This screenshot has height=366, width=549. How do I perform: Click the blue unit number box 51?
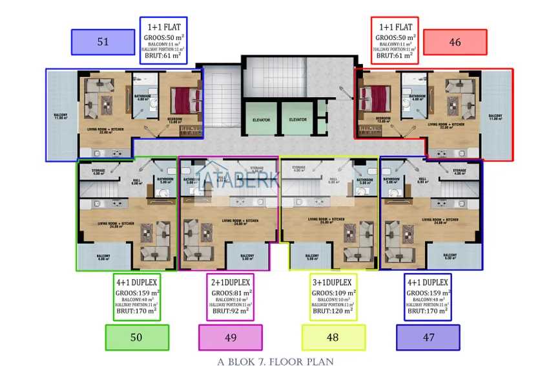[x=103, y=42]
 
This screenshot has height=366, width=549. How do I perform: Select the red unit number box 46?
[x=455, y=42]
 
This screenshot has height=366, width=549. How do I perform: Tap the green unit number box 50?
[x=136, y=338]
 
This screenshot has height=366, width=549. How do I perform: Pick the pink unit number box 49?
[x=231, y=338]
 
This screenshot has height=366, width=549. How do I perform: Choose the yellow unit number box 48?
[x=333, y=338]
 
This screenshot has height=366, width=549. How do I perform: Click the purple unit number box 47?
[x=428, y=338]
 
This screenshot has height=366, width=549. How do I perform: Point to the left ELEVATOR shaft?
[x=260, y=120]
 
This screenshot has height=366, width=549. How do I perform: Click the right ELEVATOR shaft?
[x=297, y=120]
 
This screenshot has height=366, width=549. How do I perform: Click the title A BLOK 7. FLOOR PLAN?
[x=274, y=360]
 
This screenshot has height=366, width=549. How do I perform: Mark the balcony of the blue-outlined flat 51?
[x=61, y=116]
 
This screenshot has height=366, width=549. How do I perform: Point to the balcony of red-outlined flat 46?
[x=496, y=116]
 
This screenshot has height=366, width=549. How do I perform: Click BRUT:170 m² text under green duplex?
[x=136, y=311]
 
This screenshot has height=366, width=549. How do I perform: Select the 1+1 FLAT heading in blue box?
[x=163, y=28]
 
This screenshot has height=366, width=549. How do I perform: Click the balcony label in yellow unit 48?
[x=314, y=257]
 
